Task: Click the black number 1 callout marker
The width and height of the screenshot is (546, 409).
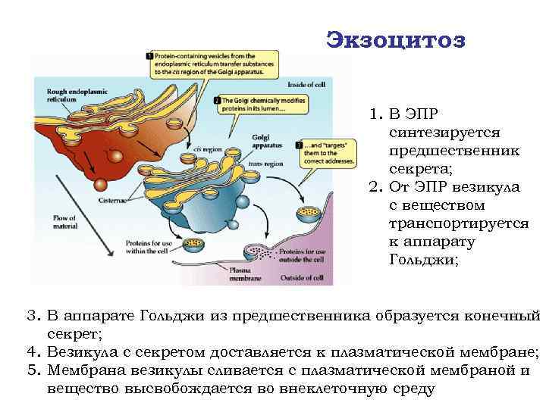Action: (x=150, y=56)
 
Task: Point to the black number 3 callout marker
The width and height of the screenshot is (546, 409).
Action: (x=299, y=145)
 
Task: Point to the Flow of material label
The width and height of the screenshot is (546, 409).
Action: (x=64, y=222)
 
